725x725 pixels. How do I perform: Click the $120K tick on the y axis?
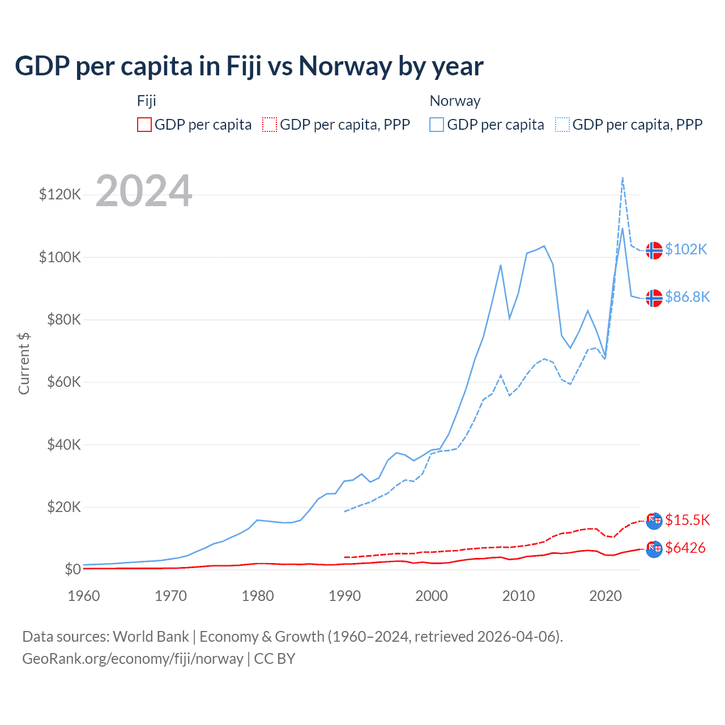click(x=60, y=195)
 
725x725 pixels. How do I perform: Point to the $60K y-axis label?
click(x=63, y=382)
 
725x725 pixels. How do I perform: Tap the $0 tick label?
click(x=72, y=569)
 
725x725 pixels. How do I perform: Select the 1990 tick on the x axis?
click(x=344, y=596)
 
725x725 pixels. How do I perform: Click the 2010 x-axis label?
click(x=518, y=596)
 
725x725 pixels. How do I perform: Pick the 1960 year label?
click(x=84, y=596)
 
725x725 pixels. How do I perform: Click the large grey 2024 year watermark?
click(x=144, y=191)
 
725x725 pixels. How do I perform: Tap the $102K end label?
click(x=686, y=249)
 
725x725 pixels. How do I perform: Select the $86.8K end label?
click(x=687, y=297)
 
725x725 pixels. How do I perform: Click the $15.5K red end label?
click(x=687, y=520)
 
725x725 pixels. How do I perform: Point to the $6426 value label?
click(x=685, y=548)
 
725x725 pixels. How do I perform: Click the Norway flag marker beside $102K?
click(x=654, y=250)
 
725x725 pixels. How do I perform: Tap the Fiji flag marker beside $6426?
click(x=654, y=549)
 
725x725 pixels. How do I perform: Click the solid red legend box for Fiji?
click(x=144, y=125)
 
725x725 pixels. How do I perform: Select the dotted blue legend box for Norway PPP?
click(x=562, y=125)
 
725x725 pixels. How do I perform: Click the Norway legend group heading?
click(x=455, y=101)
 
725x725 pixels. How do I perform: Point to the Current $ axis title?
click(x=24, y=364)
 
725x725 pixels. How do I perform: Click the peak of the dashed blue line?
click(x=622, y=178)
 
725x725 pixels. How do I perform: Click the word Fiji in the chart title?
click(x=244, y=66)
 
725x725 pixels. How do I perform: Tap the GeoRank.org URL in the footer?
click(x=133, y=659)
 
